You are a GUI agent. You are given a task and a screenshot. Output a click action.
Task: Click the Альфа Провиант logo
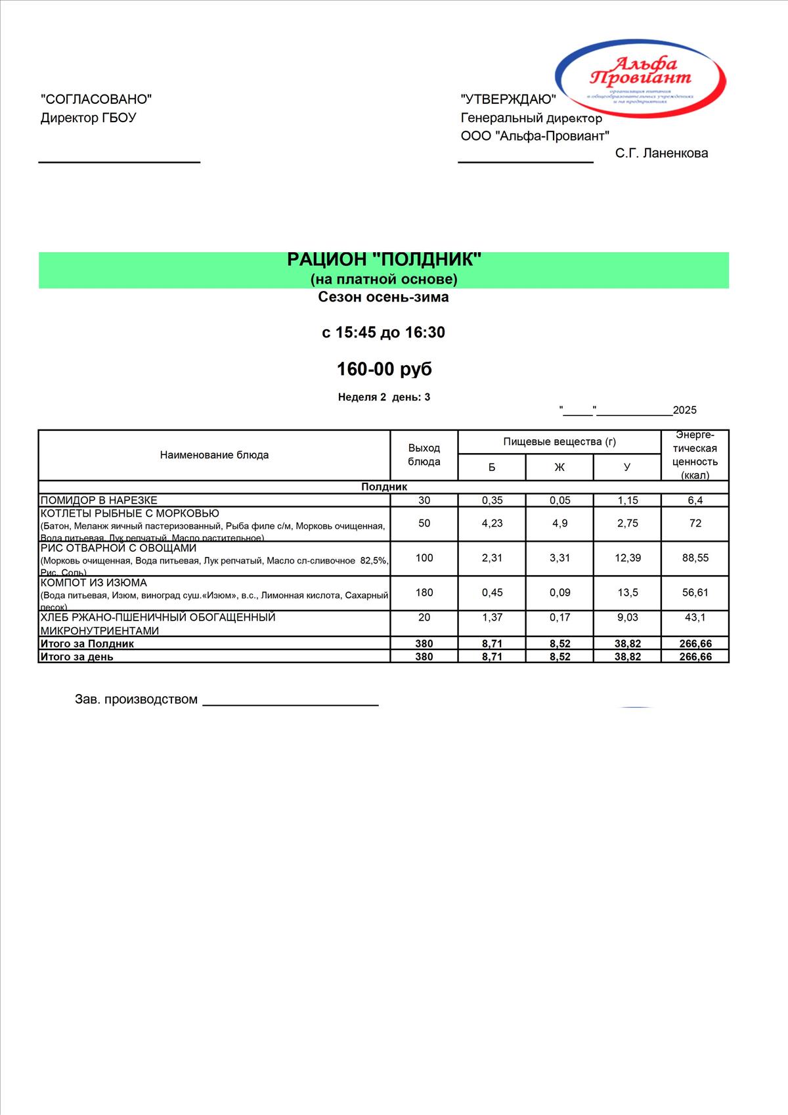click(x=641, y=76)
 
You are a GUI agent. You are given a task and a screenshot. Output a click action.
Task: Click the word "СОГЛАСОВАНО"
click(x=96, y=99)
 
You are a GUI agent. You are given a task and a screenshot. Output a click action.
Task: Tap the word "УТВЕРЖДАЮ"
click(x=508, y=99)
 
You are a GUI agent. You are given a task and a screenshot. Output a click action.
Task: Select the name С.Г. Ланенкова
click(x=661, y=154)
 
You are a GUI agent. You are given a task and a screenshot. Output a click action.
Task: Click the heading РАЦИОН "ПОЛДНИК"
click(x=384, y=260)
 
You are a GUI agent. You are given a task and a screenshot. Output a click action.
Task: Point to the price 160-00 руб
click(x=384, y=369)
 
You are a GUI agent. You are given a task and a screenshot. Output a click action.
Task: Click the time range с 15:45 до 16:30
click(x=383, y=332)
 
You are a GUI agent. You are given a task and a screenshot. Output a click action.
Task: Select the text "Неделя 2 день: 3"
click(x=384, y=397)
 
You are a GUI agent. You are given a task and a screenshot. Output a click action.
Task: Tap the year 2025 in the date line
click(x=684, y=410)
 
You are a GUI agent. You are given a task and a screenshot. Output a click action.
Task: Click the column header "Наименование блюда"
click(x=214, y=455)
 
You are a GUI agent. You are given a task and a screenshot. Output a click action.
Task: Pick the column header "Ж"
click(x=559, y=468)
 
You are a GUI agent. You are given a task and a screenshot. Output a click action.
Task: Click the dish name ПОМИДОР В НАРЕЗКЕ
click(x=99, y=500)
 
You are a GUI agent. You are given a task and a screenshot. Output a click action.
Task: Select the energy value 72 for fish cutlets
click(x=695, y=523)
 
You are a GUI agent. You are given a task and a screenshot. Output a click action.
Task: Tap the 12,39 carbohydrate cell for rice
click(x=627, y=558)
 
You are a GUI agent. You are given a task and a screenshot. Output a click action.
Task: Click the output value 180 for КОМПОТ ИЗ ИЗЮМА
click(x=424, y=592)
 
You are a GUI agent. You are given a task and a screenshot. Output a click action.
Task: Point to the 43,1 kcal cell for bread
click(x=695, y=617)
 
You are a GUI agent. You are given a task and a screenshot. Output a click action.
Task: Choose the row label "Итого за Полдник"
click(x=87, y=644)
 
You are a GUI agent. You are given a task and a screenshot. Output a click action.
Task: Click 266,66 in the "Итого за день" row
click(x=695, y=657)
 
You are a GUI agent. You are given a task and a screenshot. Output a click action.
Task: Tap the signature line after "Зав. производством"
click(x=290, y=704)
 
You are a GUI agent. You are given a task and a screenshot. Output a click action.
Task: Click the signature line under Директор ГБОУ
click(x=120, y=161)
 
